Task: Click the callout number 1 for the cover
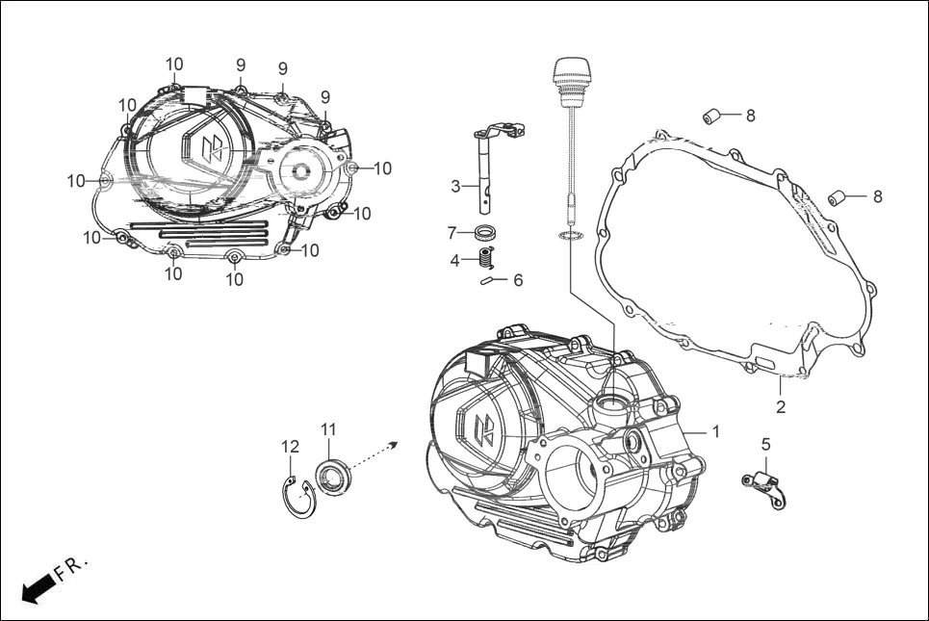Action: pos(715,431)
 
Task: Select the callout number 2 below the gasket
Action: pos(781,407)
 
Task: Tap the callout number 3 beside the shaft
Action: pos(455,187)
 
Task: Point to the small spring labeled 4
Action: pos(487,258)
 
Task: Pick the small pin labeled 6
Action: pos(490,281)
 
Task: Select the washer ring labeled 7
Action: pos(490,232)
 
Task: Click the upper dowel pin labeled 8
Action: pos(714,116)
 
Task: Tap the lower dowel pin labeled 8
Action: pos(839,197)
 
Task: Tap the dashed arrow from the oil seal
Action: pos(376,453)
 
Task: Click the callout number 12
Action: pos(291,447)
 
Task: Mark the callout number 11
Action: pos(328,428)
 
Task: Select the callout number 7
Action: pos(452,233)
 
